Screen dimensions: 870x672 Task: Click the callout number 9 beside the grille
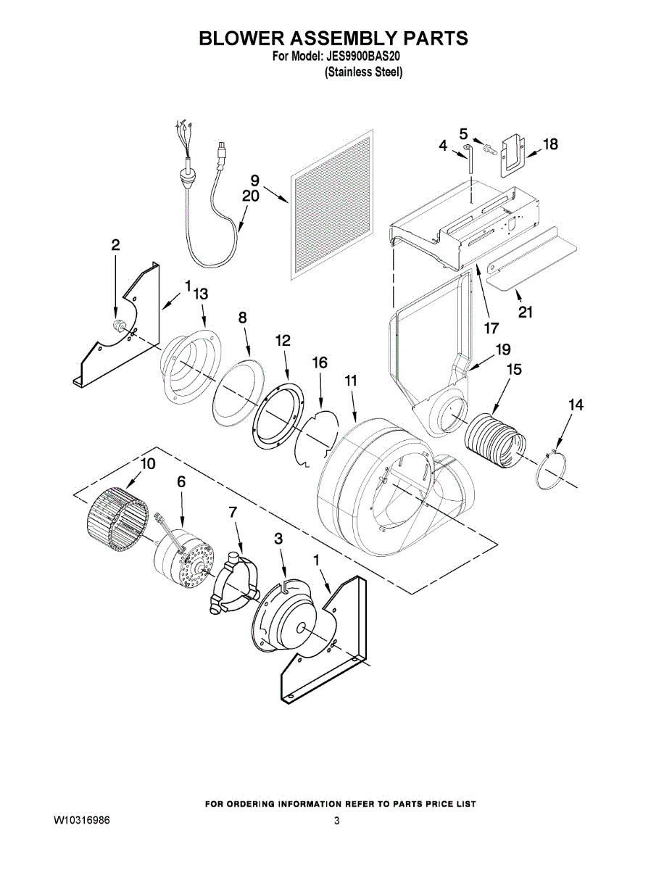click(x=254, y=181)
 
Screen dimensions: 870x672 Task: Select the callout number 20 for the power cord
click(x=250, y=196)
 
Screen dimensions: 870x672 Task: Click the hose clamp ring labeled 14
click(x=555, y=471)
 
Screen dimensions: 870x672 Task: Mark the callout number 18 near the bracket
click(x=550, y=144)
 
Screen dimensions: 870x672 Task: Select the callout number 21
click(x=526, y=312)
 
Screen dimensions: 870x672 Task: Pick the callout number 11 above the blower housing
click(x=351, y=380)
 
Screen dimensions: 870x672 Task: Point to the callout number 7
click(x=233, y=512)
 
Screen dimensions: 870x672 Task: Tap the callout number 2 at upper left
click(x=115, y=245)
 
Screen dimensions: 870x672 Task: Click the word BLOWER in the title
click(x=243, y=38)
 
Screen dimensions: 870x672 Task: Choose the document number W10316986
click(x=82, y=821)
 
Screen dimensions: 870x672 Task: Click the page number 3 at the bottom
click(x=336, y=821)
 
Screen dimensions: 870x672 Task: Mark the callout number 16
click(x=320, y=362)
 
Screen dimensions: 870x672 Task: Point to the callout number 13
click(x=201, y=294)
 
